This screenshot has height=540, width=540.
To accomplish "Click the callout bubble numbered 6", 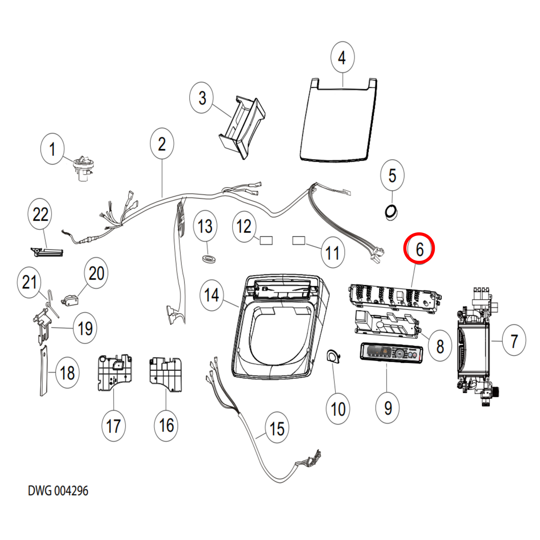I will click(x=419, y=249).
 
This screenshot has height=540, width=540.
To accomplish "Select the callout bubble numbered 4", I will click(x=342, y=57).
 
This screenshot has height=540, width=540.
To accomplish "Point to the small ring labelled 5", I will click(x=391, y=212).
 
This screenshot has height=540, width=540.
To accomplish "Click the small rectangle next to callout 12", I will click(x=266, y=240).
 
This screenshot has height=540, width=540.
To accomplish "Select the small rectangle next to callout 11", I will click(x=298, y=240).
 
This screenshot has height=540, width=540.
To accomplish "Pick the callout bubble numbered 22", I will click(x=40, y=214).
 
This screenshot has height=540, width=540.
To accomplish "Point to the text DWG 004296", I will click(x=58, y=491).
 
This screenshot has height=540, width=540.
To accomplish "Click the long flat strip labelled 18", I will click(x=44, y=371).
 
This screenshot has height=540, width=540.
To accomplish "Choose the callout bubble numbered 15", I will click(x=277, y=428).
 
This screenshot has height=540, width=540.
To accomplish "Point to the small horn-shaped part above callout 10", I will click(x=333, y=356).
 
